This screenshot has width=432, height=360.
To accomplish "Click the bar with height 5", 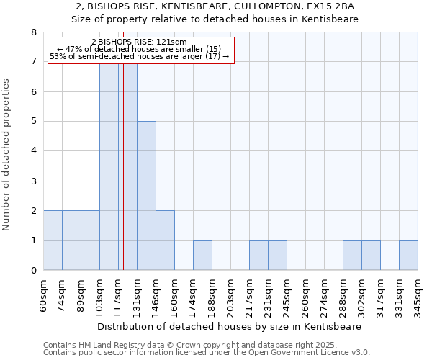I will [x=146, y=196].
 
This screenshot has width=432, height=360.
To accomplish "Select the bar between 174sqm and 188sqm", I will [x=202, y=256].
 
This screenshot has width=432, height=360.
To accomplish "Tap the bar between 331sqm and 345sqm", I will [x=408, y=256].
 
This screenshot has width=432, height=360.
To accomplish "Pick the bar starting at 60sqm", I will [x=53, y=240].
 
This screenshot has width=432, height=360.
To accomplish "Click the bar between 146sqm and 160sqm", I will [x=165, y=240].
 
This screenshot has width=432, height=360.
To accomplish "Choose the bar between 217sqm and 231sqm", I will [x=258, y=256].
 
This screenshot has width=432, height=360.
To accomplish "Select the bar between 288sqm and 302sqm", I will [x=352, y=256].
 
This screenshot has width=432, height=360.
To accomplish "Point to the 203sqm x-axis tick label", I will [x=230, y=294].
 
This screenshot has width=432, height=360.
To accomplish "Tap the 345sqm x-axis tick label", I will [x=418, y=294].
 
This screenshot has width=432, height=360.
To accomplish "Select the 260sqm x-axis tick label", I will [x=305, y=294].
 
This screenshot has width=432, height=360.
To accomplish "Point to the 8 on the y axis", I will [x=33, y=32].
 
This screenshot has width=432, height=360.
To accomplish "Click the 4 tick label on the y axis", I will [x=33, y=151].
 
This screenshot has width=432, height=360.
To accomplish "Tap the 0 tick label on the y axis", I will [x=33, y=271].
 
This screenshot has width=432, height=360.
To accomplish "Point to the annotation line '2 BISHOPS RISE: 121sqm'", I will [x=140, y=42].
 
